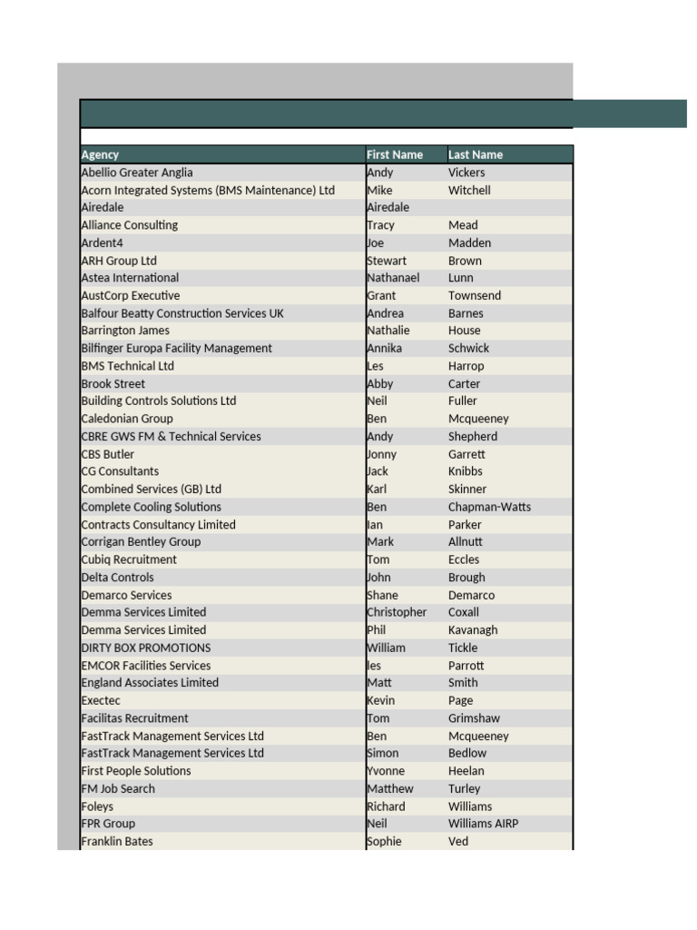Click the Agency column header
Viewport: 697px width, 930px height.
click(x=100, y=154)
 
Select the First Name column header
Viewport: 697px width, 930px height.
click(x=395, y=154)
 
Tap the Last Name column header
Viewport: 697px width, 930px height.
click(x=476, y=154)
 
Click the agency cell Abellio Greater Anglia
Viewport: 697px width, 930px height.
click(x=137, y=173)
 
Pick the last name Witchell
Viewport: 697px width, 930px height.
click(x=469, y=190)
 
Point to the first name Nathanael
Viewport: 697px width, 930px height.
click(x=393, y=278)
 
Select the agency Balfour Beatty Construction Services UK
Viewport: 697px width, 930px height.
click(x=182, y=313)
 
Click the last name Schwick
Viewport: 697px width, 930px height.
click(x=468, y=348)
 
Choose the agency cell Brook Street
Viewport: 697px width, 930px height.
click(x=113, y=383)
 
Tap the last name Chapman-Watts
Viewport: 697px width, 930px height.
click(x=489, y=507)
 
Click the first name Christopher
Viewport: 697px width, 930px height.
click(x=397, y=612)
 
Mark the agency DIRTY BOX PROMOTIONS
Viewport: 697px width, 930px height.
click(x=146, y=648)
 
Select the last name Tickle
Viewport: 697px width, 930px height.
click(x=463, y=648)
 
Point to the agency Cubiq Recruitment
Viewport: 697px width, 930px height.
click(x=129, y=559)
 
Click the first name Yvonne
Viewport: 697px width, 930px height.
click(x=386, y=771)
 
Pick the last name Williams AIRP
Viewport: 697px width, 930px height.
click(x=484, y=824)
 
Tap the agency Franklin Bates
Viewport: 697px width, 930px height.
click(x=117, y=842)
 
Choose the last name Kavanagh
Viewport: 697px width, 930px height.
click(x=473, y=630)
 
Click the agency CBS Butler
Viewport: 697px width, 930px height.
click(x=108, y=454)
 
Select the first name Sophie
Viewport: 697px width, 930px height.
click(x=384, y=842)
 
